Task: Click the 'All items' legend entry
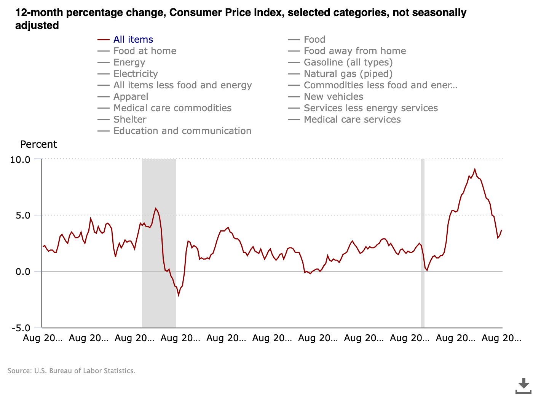133,40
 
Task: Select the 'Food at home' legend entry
145,51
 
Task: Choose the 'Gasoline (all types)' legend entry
348,62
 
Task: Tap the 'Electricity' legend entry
136,74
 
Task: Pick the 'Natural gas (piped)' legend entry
348,74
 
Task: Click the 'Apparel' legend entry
131,97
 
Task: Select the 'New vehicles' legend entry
333,97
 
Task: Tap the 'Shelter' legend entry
130,120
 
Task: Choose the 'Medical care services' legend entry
352,120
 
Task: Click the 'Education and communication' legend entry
182,131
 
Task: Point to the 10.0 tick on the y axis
20,160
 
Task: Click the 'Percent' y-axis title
38,145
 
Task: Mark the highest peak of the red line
474,169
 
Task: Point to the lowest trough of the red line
178,295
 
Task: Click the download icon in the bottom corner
523,385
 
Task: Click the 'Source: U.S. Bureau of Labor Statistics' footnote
72,371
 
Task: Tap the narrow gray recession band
422,244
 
